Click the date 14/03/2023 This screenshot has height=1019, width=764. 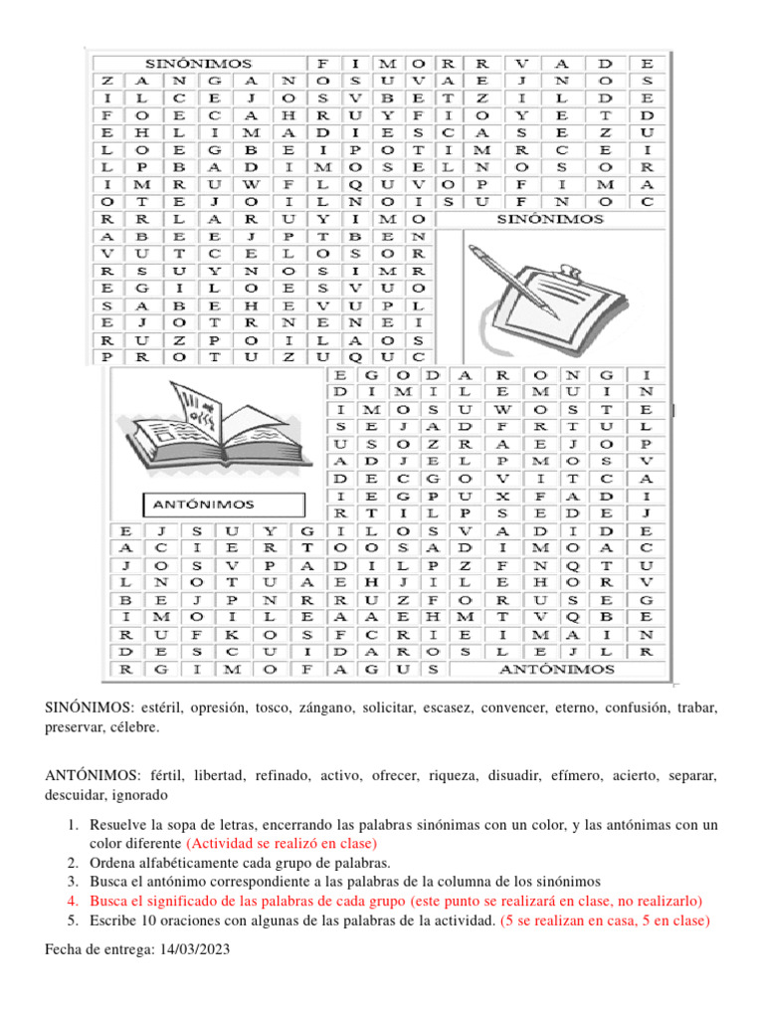coord(193,949)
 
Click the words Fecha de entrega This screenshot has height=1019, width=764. coord(99,949)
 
